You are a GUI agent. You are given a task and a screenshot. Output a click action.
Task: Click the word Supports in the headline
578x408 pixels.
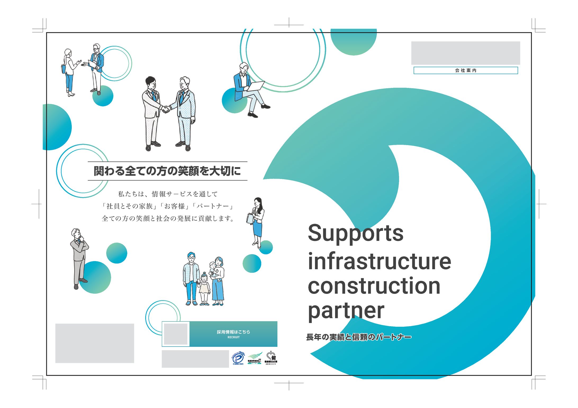355,234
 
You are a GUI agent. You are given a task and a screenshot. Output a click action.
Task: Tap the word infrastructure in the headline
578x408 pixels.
379,262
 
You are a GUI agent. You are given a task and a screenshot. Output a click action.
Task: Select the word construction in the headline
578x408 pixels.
374,286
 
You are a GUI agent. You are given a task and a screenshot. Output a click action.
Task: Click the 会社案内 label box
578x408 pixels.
466,70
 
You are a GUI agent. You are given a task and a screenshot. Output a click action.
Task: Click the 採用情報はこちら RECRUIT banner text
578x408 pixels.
233,334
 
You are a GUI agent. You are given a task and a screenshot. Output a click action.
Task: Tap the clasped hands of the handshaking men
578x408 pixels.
166,109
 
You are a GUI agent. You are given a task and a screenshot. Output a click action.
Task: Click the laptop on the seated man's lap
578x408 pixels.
256,86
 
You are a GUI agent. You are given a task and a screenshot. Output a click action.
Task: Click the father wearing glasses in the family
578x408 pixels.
191,278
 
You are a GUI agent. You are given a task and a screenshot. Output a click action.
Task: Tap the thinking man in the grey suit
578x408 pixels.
79,258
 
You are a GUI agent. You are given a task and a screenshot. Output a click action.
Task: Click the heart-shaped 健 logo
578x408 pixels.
271,357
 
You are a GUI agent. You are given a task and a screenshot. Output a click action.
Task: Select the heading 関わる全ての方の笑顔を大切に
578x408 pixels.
167,171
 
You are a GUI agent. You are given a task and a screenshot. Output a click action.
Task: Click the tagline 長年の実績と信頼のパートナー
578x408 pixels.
359,337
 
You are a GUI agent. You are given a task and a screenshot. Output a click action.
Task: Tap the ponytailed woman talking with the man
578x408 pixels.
69,72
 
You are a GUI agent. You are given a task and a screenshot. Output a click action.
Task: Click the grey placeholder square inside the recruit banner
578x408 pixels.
176,334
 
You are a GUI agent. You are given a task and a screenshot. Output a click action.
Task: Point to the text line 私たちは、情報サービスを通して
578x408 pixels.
168,194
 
